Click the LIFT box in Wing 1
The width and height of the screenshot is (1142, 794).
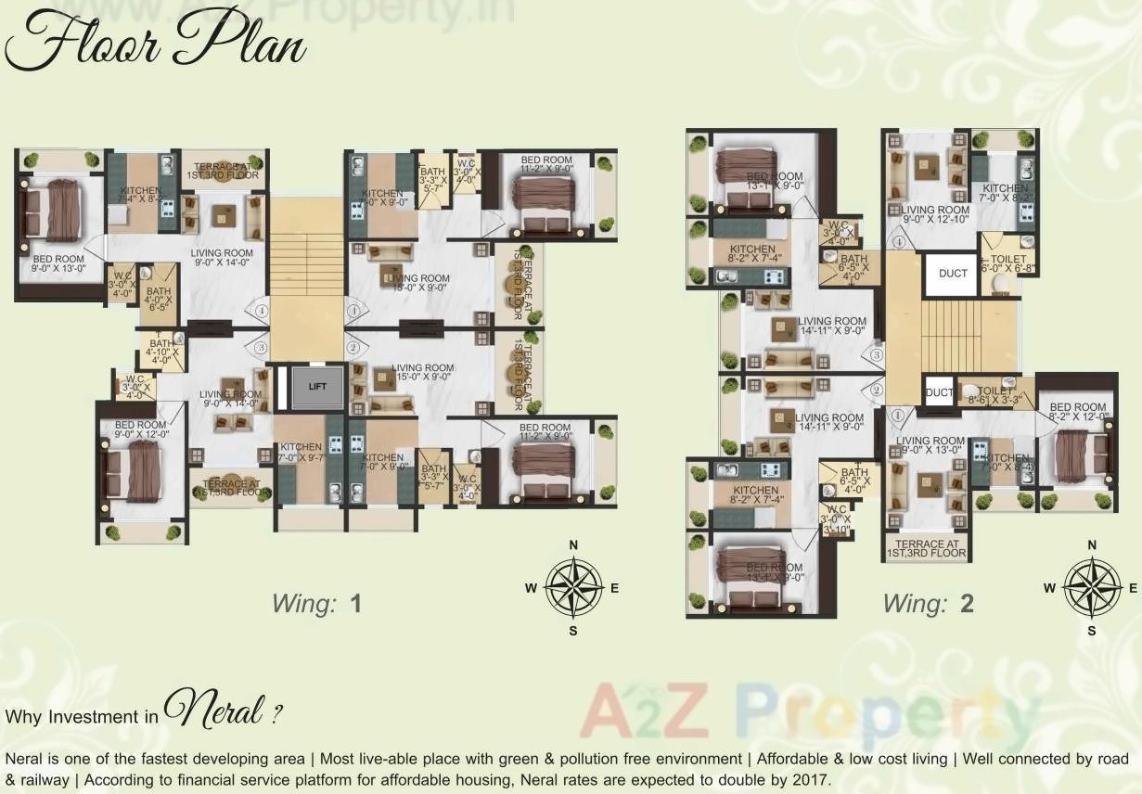point(317,388)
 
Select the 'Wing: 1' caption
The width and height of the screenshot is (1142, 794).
point(315,604)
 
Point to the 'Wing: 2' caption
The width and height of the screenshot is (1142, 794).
point(928,604)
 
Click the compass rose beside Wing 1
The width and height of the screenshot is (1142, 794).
point(573,587)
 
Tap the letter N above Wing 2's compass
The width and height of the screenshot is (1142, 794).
point(1092,544)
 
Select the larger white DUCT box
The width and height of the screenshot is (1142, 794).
point(952,275)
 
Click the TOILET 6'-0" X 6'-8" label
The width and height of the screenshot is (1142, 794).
point(1007,263)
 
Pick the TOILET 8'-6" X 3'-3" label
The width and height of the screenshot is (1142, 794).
point(996,396)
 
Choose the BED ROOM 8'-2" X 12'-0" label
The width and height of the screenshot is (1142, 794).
point(1077,412)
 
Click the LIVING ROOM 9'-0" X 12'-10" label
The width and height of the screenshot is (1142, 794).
point(935,215)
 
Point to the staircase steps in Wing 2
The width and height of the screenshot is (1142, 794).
point(951,335)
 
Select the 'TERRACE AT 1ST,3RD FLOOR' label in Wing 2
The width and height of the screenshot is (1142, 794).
point(927,548)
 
